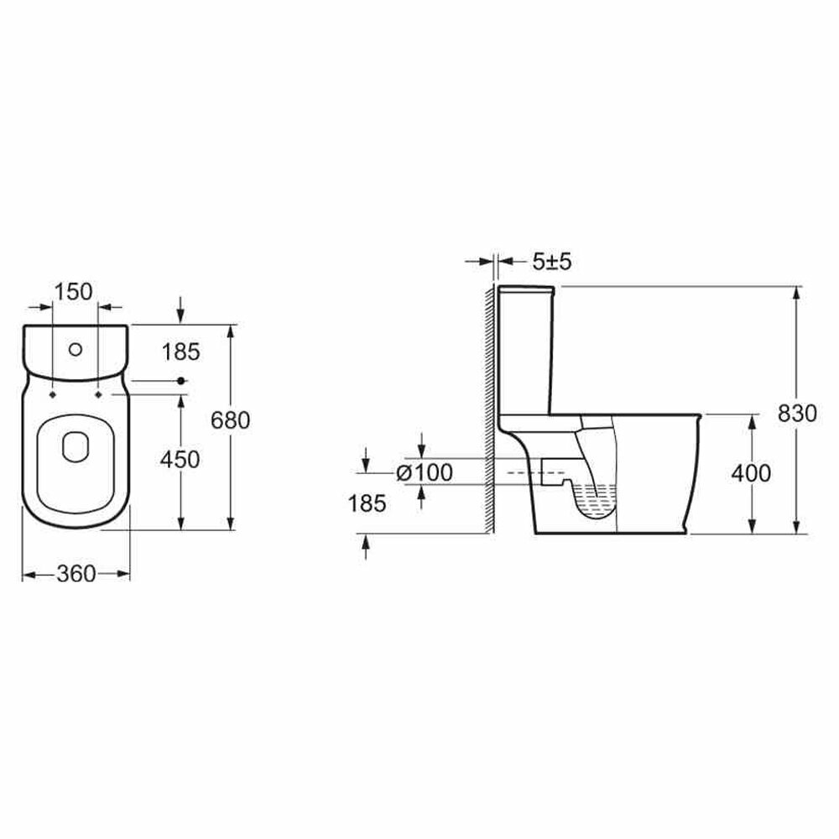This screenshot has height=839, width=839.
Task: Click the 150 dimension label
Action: [x=74, y=292]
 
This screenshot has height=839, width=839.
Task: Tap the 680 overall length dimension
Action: [x=230, y=420]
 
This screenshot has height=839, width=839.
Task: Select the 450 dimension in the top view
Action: [x=180, y=460]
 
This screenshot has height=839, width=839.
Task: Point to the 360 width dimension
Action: [x=76, y=574]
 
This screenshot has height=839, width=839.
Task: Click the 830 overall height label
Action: [x=797, y=414]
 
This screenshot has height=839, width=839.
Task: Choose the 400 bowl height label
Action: [x=751, y=473]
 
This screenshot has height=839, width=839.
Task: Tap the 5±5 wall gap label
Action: [x=552, y=262]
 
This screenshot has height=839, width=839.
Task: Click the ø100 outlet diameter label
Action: [x=425, y=472]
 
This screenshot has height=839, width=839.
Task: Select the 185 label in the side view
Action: [x=367, y=503]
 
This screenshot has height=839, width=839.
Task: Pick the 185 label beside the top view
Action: [x=181, y=352]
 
